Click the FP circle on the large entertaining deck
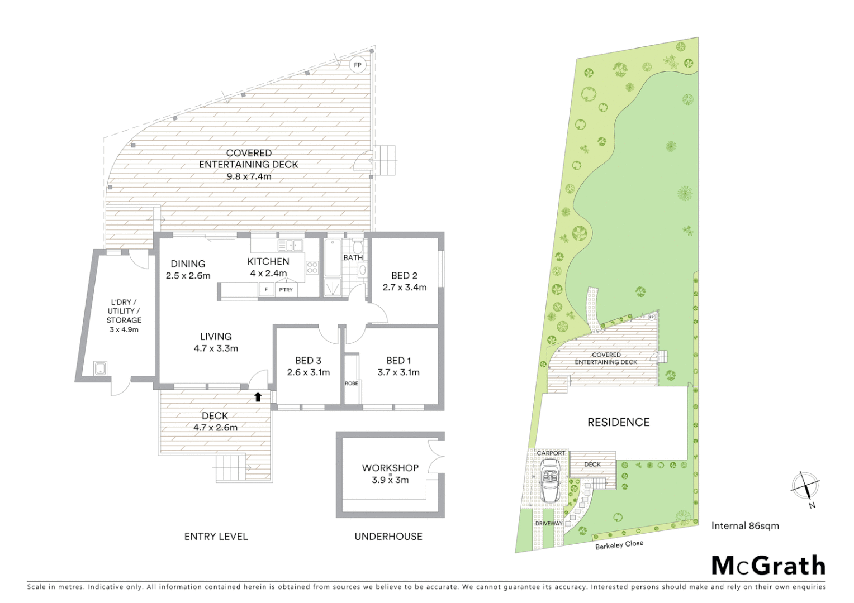coord(358,65)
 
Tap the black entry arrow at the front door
coord(258,397)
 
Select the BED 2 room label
coord(404,275)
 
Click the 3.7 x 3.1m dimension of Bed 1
coord(398,372)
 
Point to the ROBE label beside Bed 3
coord(352,384)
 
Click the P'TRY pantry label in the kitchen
coord(286,290)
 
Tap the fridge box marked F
coord(266,290)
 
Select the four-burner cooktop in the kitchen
coord(312,268)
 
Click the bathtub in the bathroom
coord(332,257)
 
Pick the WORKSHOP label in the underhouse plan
coord(390,468)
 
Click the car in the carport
coord(551,481)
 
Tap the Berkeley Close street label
coord(619,544)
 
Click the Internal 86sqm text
coord(745,525)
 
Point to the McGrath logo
coord(768,566)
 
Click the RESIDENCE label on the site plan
coord(618,422)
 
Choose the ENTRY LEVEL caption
coord(216,537)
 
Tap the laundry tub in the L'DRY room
coord(101,368)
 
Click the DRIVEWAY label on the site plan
coord(549,523)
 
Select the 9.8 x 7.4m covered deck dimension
coord(249,176)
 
